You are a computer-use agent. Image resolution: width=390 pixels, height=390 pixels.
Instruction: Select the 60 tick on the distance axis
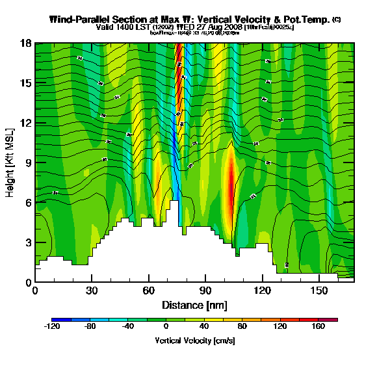click(149, 290)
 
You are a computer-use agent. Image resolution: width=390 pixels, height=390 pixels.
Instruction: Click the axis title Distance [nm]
click(194, 305)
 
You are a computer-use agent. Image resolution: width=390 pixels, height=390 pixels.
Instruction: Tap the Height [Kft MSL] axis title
click(10, 162)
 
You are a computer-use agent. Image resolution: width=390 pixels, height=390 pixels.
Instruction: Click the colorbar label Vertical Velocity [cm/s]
click(194, 340)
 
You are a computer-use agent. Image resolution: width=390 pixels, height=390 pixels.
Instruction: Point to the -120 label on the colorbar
click(51, 327)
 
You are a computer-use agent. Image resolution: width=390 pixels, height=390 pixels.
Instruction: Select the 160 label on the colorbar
click(318, 327)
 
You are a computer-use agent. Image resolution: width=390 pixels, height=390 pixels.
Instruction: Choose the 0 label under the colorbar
click(166, 327)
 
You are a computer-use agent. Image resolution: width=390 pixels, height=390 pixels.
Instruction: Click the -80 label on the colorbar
click(90, 327)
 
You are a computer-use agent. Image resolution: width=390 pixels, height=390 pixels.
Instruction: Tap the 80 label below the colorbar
click(242, 327)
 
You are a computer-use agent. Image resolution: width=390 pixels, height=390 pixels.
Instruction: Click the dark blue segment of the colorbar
click(57, 319)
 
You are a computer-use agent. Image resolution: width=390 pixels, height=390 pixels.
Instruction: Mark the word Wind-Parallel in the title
click(78, 19)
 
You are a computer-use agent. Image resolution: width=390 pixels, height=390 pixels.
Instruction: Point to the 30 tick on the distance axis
click(92, 290)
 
